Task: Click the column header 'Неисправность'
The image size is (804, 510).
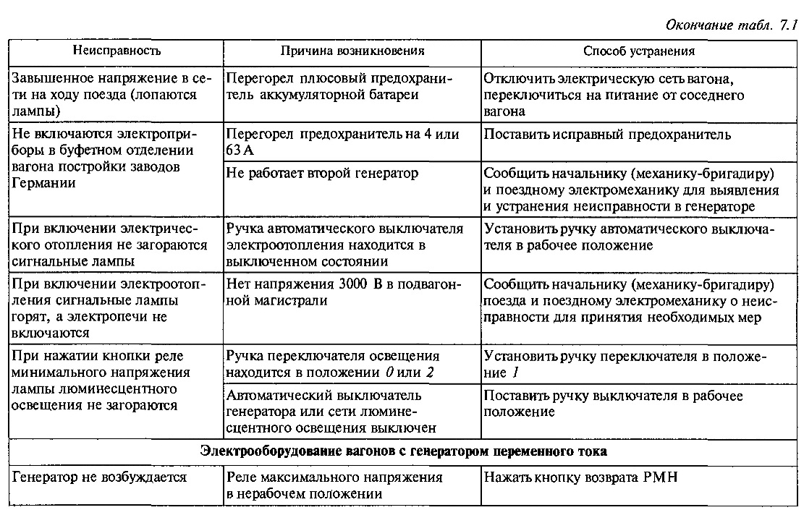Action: click(x=116, y=51)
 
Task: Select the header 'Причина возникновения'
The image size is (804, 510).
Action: click(x=352, y=51)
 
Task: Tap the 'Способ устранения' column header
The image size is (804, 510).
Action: click(x=639, y=51)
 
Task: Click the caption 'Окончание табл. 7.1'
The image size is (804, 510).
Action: click(x=731, y=25)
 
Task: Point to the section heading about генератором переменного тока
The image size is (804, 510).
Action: click(x=403, y=451)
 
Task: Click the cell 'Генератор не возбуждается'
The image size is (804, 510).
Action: click(x=100, y=477)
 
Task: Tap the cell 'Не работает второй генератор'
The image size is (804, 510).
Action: click(x=322, y=174)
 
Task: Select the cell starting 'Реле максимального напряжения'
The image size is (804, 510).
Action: click(x=334, y=485)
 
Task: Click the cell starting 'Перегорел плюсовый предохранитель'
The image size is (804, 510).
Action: click(x=338, y=86)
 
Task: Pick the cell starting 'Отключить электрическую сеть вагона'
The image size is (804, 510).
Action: click(x=614, y=95)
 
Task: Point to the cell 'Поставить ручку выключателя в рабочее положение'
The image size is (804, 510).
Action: click(x=613, y=404)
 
